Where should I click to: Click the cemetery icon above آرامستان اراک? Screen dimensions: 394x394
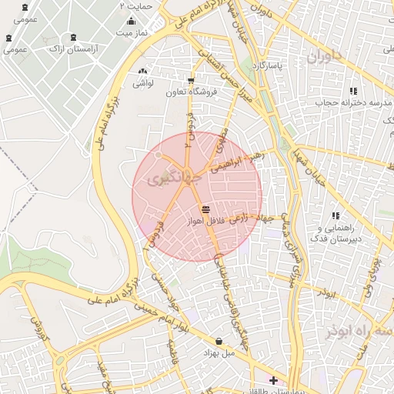[73, 37]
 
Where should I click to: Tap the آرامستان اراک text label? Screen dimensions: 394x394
[73, 48]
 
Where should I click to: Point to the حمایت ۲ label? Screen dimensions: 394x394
[136, 5]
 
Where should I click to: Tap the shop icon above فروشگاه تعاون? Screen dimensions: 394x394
[191, 81]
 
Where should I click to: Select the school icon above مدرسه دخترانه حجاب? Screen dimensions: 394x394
[353, 91]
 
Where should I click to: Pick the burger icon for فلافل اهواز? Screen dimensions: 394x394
[205, 209]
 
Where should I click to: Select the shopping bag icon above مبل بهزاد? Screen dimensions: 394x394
[219, 341]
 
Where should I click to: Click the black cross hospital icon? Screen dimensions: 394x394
[273, 379]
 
